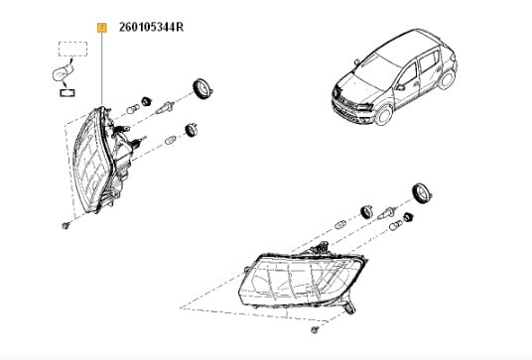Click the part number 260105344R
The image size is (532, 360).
151,27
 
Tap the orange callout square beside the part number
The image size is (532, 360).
102,28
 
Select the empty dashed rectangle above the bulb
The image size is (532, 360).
72,49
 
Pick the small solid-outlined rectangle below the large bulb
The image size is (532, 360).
67,92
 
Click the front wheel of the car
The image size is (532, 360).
384,114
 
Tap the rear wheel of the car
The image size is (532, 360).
447,79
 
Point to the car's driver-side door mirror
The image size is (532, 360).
400,87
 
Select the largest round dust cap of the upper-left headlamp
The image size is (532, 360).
202,89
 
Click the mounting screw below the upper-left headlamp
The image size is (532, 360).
66,225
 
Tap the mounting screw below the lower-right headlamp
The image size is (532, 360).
315,329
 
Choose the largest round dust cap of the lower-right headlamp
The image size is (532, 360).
422,193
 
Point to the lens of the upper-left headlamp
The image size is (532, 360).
91,160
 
